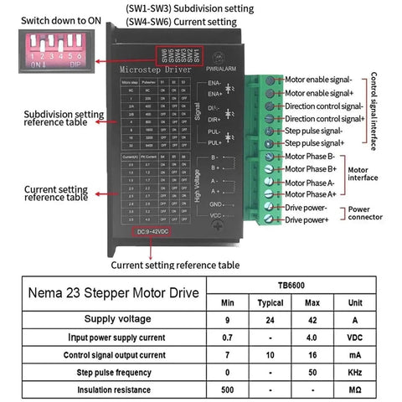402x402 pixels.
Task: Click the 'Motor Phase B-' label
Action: click(x=311, y=156)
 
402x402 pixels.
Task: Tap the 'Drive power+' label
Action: click(x=307, y=219)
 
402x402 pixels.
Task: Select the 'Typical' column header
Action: click(x=270, y=301)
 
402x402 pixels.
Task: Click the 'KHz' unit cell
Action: click(x=355, y=372)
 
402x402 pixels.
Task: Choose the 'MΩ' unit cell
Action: click(x=355, y=389)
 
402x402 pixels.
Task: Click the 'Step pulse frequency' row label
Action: click(x=114, y=372)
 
